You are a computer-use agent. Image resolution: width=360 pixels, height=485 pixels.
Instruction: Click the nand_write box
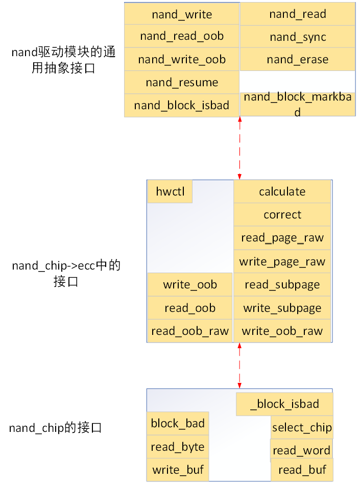(x=181, y=14)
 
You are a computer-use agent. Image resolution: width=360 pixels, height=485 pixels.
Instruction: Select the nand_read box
(x=298, y=14)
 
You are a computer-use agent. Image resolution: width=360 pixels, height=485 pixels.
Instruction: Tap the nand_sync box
(x=298, y=37)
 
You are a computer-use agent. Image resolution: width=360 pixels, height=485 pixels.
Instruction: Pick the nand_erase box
(x=298, y=60)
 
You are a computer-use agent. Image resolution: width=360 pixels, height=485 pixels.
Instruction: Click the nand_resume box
(x=181, y=83)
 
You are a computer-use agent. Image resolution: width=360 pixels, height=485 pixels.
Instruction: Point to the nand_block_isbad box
(x=181, y=106)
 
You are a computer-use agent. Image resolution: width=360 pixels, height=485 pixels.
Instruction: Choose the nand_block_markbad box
(x=298, y=104)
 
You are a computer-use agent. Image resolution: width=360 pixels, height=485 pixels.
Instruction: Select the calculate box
(x=282, y=192)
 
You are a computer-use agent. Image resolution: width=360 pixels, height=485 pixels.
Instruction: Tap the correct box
(x=282, y=215)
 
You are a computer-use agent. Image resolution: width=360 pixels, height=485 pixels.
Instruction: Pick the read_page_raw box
(x=282, y=238)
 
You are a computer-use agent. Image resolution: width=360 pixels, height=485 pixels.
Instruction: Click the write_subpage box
(x=282, y=308)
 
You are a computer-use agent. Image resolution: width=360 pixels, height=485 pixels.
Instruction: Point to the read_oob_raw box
(x=190, y=331)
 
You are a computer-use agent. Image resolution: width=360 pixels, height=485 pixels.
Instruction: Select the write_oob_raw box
(x=282, y=331)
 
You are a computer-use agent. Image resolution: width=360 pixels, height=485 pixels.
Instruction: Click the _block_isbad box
(x=284, y=404)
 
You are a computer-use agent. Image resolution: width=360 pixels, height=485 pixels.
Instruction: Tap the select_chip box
(x=302, y=427)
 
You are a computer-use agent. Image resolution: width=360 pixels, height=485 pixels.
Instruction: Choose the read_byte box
(x=178, y=447)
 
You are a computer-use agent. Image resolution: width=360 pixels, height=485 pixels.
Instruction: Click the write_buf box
(x=178, y=470)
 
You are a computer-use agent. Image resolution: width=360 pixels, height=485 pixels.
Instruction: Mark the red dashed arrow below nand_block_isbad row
(x=239, y=148)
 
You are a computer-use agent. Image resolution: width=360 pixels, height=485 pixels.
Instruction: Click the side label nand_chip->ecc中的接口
(x=66, y=274)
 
